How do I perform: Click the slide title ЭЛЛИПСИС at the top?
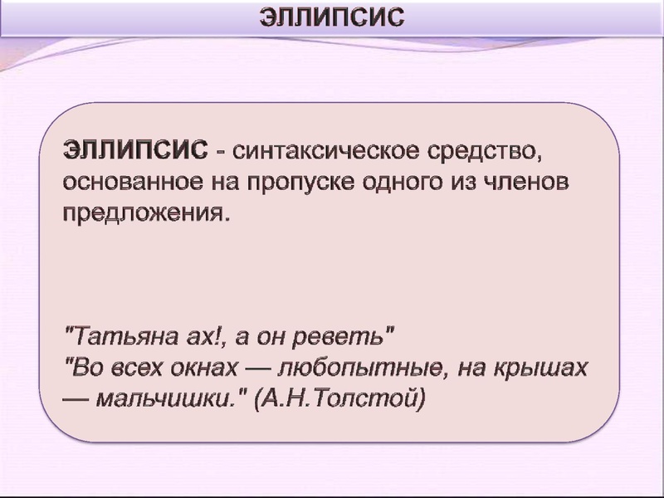[x=333, y=17]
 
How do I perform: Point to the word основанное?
[x=124, y=182]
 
